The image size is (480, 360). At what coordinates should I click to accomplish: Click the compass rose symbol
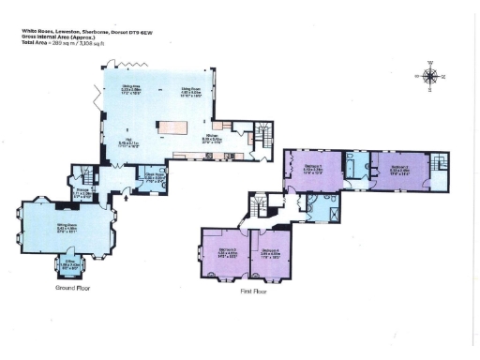coord(430,76)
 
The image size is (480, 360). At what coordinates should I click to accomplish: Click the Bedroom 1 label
coord(311,165)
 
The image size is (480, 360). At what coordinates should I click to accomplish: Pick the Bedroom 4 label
coord(271,251)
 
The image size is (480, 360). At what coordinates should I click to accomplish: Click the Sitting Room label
coord(66,227)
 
